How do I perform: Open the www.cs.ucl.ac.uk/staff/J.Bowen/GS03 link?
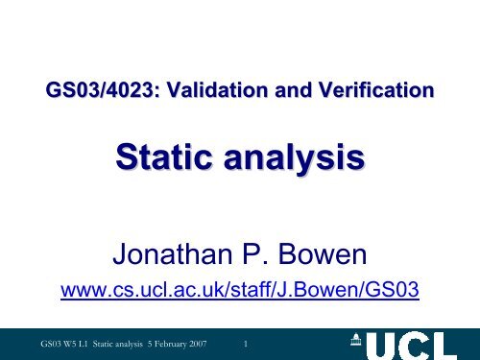tap(240, 288)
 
